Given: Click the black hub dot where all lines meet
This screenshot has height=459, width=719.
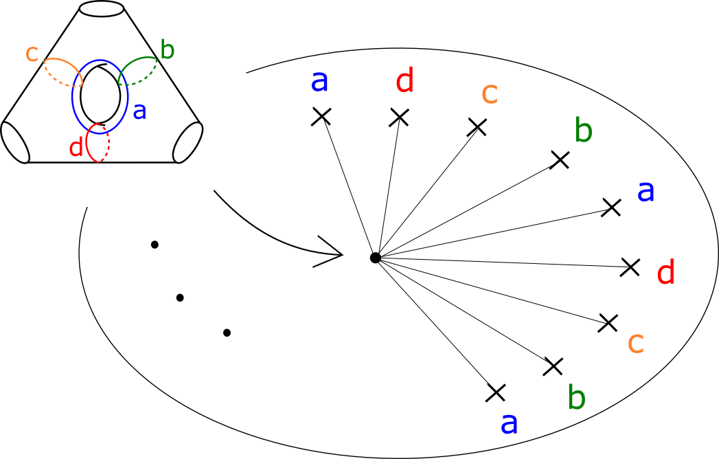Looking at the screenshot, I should point(375,258).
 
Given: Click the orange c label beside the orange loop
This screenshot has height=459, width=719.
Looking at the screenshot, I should point(32,54).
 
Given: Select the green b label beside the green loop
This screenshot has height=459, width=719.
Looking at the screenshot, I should point(167,50).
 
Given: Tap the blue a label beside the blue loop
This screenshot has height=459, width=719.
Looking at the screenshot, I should point(139,110).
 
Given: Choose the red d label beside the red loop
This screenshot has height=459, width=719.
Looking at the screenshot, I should point(76,147).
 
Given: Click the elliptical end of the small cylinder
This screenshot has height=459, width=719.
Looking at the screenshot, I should point(187,142).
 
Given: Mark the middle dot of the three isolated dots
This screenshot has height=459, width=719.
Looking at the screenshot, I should point(180,298).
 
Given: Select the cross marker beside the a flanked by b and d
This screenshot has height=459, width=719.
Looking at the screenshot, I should point(611,207).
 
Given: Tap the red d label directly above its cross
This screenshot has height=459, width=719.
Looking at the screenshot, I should point(405,82).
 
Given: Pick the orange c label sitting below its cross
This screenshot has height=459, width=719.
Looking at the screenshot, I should point(636,342).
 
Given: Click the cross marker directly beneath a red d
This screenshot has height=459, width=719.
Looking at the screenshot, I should point(399,117).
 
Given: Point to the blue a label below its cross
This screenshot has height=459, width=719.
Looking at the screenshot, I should point(509,423).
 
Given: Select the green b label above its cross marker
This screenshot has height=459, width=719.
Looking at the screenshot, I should point(583,131).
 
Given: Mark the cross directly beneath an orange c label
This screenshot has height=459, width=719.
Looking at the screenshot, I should point(477,127).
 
